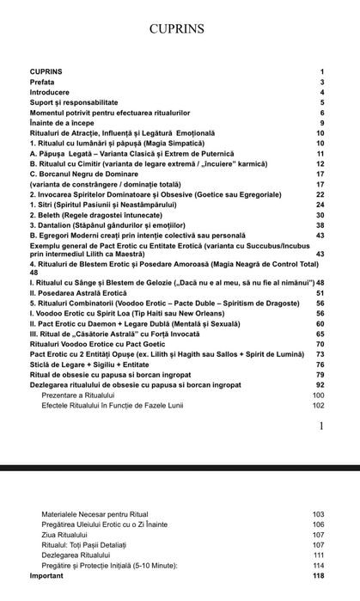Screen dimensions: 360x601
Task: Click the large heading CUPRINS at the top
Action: point(180,28)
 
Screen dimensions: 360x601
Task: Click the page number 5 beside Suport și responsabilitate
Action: point(321,101)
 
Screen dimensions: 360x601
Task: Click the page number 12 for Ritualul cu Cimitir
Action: point(320,163)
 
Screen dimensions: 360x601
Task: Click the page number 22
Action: point(320,194)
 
